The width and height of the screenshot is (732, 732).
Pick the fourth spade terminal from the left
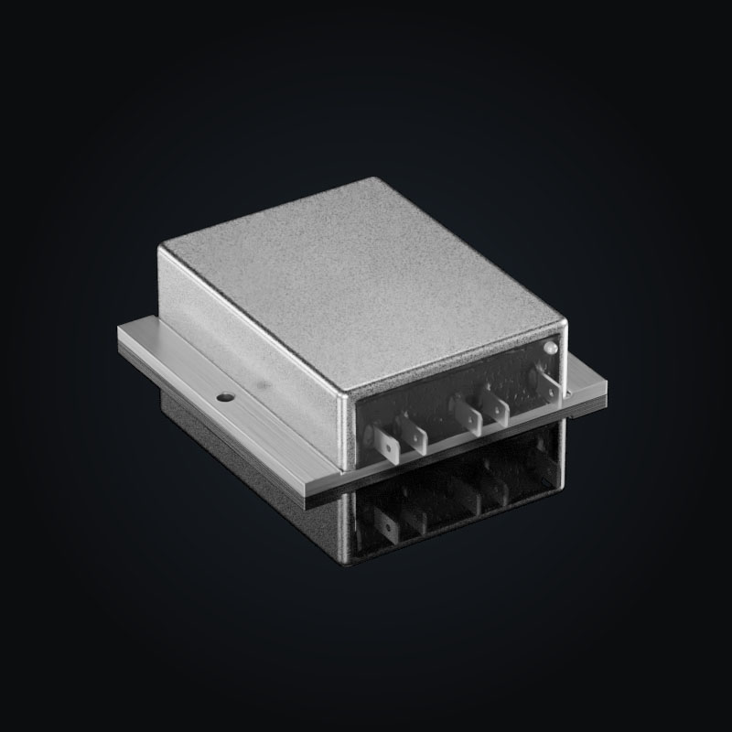point(497,406)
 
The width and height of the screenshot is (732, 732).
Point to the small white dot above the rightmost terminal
point(550,347)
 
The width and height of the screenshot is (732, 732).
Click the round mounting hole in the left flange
point(222,398)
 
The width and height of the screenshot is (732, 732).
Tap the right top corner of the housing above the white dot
point(562,322)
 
